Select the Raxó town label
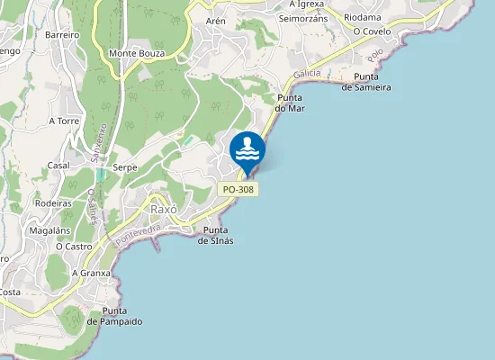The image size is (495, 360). pyautogui.click(x=164, y=209)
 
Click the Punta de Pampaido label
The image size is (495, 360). pyautogui.click(x=115, y=316)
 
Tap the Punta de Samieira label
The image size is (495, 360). pyautogui.click(x=366, y=82)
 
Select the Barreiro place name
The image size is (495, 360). pyautogui.click(x=62, y=34)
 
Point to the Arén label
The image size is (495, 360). pyautogui.click(x=216, y=20)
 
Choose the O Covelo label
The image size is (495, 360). pyautogui.click(x=372, y=31)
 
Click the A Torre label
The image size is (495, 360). pyautogui.click(x=65, y=120)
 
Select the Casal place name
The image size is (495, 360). pyautogui.click(x=58, y=166)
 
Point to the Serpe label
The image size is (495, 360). pyautogui.click(x=124, y=167)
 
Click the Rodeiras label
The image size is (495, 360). pyautogui.click(x=53, y=203)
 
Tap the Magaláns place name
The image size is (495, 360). pyautogui.click(x=49, y=230)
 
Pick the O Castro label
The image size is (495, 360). pyautogui.click(x=74, y=246)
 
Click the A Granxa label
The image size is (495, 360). pyautogui.click(x=91, y=272)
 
